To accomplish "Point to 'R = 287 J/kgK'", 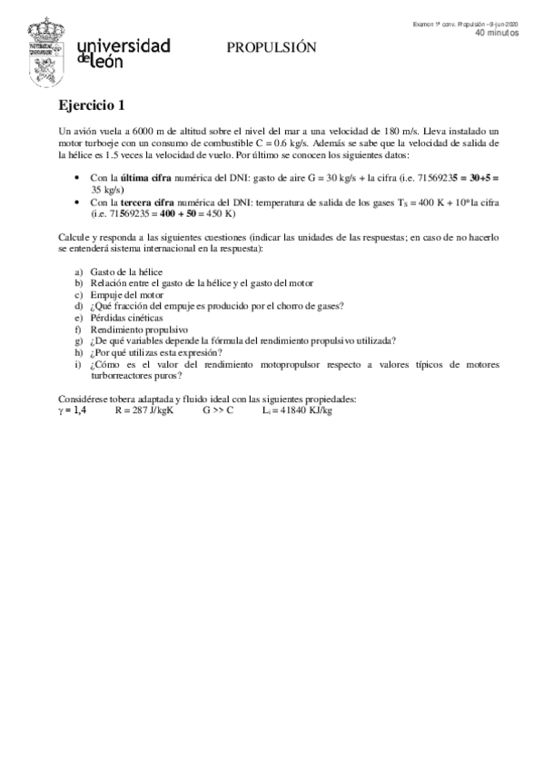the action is (x=143, y=410).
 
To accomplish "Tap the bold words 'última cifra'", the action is (x=134, y=179).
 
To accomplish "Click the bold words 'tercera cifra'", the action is (x=137, y=202).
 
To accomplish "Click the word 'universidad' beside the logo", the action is (x=126, y=45).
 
